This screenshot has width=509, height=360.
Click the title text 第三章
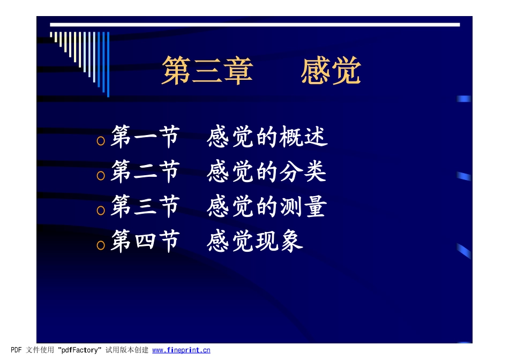[x=207, y=71]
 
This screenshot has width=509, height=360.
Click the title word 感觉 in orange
[x=331, y=71]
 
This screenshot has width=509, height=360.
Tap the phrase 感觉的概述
[x=267, y=138]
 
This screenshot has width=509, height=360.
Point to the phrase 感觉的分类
[x=266, y=172]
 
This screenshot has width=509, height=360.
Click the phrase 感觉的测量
[x=266, y=207]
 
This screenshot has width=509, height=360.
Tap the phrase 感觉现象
[x=254, y=242]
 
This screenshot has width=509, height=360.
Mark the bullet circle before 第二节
[x=100, y=176]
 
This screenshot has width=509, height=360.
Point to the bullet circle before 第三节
[x=100, y=211]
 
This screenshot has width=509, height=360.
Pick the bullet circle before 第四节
[x=100, y=245]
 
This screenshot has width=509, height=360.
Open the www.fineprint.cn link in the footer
[x=181, y=350]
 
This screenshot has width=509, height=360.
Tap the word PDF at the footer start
[x=16, y=350]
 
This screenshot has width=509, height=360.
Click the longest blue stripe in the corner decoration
[x=108, y=64]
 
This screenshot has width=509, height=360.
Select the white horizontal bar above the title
[x=255, y=25]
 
